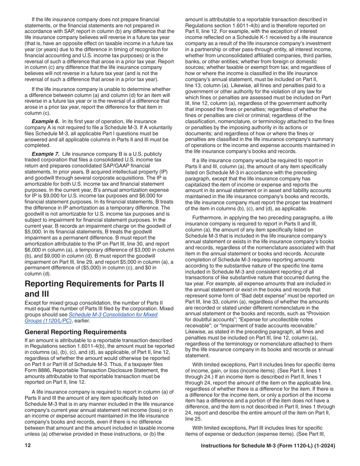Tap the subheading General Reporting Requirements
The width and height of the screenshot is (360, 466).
click(75, 332)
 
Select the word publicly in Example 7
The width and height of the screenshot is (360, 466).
click(163, 154)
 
